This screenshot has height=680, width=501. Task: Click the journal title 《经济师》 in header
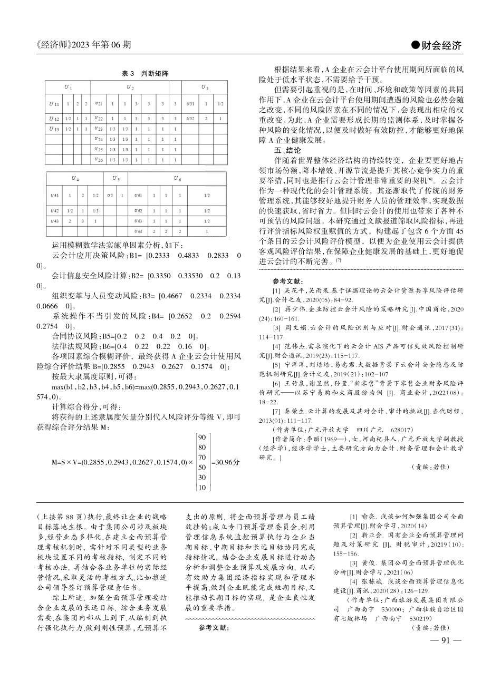[x=54, y=45]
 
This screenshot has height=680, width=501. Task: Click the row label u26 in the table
[x=99, y=159]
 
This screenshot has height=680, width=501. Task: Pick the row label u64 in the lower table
[x=138, y=231]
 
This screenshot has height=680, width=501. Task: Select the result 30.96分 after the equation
[x=225, y=462]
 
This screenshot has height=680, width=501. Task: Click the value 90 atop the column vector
[x=201, y=437]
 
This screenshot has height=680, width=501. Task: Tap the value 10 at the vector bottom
[x=201, y=487]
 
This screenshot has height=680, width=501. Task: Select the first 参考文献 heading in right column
[x=288, y=281]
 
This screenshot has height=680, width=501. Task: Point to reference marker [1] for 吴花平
[x=276, y=290]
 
